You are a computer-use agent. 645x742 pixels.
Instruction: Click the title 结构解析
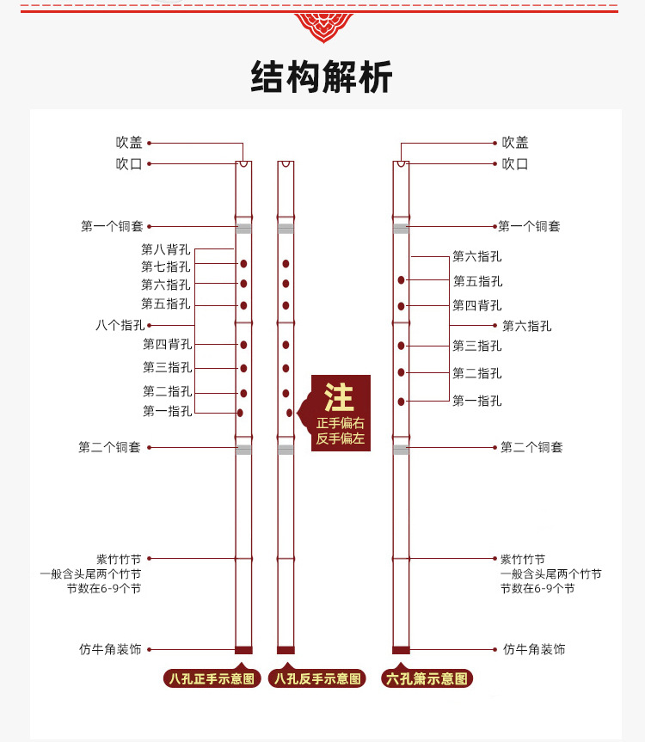322,77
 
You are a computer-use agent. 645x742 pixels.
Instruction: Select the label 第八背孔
166,249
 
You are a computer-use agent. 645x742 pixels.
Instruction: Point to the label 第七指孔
166,267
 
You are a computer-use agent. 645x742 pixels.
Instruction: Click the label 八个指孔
120,325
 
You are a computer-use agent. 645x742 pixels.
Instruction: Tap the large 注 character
339,397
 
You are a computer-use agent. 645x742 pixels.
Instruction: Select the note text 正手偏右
341,423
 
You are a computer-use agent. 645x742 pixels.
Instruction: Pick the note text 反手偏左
341,438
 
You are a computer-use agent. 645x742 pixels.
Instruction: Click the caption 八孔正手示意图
212,679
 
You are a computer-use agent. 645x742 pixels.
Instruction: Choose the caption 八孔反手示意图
317,679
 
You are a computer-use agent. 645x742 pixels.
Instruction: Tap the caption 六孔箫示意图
427,679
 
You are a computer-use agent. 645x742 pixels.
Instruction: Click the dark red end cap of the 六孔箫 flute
401,650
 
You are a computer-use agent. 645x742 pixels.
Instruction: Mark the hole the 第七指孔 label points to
243,264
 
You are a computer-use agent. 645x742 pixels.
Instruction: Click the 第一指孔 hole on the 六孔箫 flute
402,402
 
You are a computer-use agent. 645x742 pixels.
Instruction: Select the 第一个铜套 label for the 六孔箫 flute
529,226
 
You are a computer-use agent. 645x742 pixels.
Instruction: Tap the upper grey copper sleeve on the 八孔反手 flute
286,228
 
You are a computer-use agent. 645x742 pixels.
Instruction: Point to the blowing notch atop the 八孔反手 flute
286,163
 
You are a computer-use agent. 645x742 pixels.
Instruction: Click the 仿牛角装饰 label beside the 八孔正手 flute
110,649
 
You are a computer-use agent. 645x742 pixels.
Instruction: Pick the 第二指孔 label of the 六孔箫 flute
477,373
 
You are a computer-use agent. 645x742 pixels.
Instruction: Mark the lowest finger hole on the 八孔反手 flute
289,413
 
